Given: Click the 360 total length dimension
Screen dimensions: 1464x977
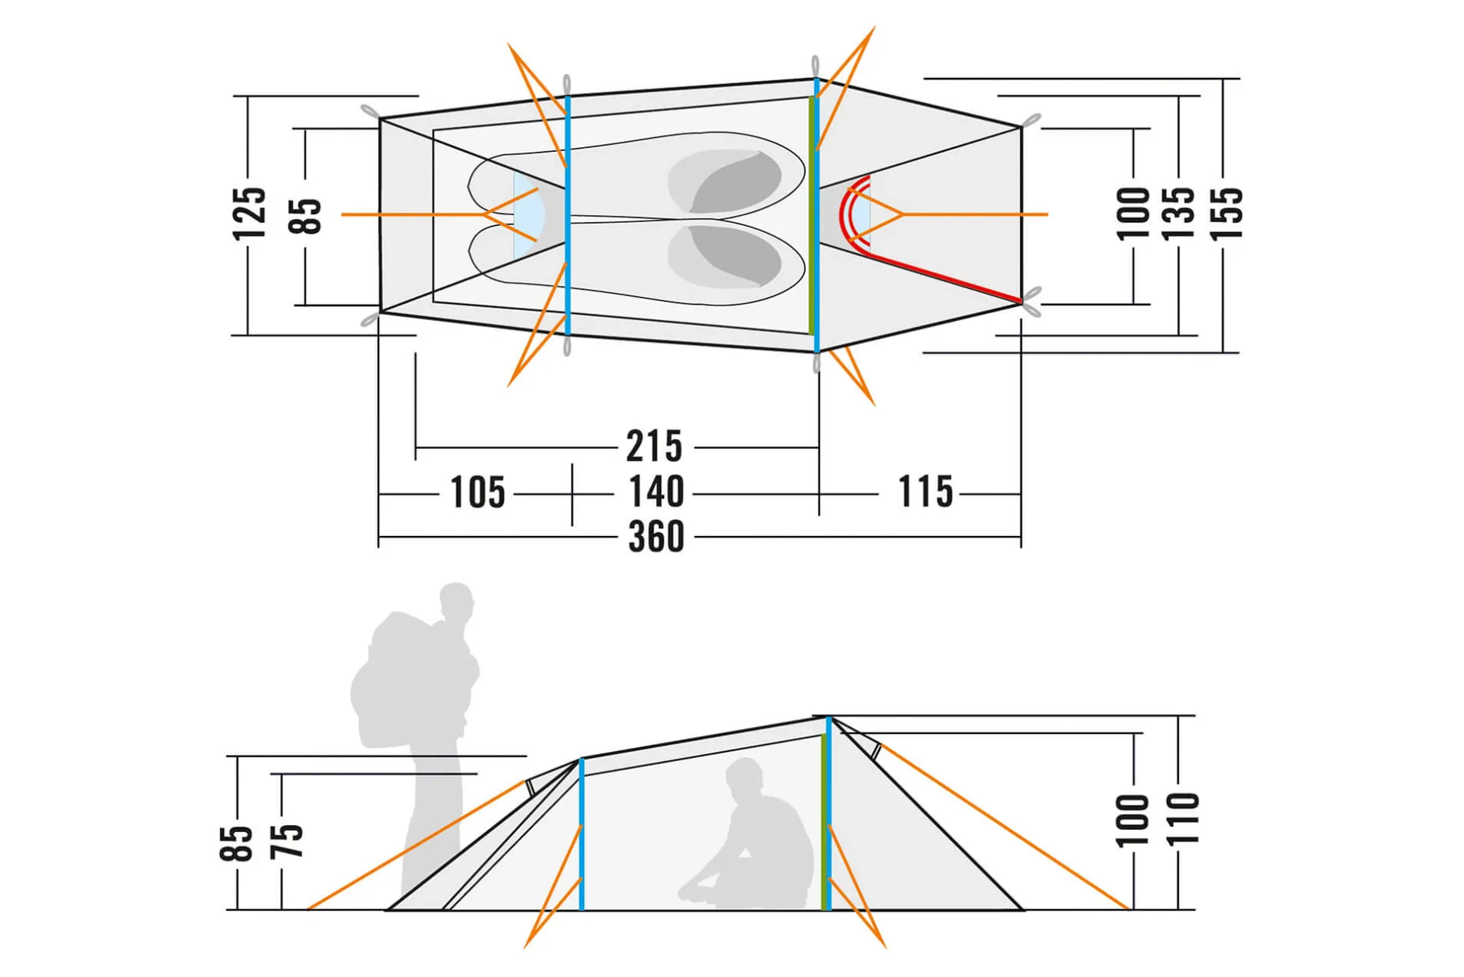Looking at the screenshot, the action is [656, 537].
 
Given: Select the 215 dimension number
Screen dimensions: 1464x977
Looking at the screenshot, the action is [654, 446].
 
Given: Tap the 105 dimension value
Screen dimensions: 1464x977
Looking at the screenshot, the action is [478, 492].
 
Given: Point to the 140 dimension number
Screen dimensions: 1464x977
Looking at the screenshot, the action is [656, 492].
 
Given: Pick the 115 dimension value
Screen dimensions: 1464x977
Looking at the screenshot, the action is [926, 492].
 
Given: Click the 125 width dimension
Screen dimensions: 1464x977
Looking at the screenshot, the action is [249, 213].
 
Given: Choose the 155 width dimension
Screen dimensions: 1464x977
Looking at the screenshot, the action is [1226, 213].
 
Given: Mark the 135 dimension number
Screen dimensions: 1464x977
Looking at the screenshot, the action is [1177, 213].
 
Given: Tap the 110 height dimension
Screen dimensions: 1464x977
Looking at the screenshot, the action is [1182, 818].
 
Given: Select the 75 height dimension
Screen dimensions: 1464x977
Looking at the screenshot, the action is [286, 841].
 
